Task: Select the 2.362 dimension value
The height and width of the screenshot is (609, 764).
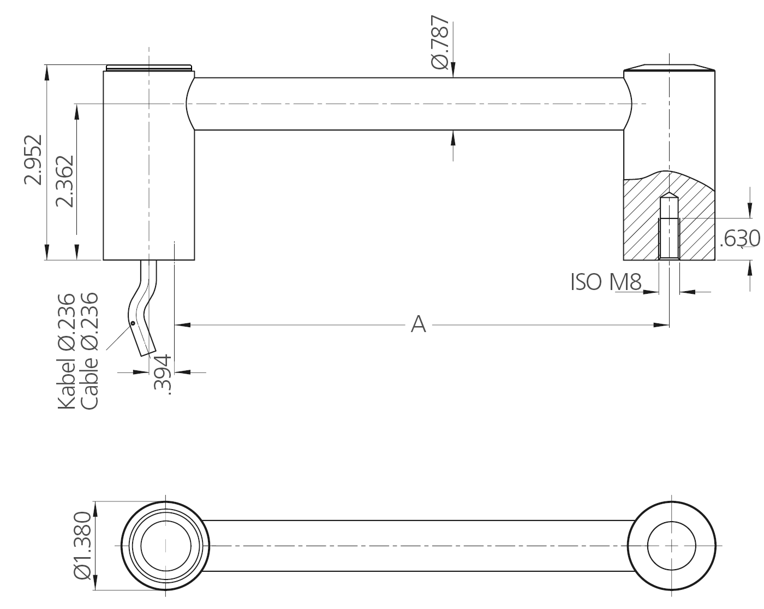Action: [64, 181]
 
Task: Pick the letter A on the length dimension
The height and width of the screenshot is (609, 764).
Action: [418, 324]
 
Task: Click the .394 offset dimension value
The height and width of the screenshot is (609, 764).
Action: [162, 374]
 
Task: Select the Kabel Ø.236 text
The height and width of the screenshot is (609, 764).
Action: [66, 351]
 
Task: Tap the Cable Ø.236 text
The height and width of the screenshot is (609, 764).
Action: [89, 351]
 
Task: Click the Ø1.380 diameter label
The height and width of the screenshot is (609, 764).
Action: [81, 545]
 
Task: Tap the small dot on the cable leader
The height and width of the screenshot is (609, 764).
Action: [133, 323]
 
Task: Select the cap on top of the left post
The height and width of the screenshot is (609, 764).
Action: [149, 68]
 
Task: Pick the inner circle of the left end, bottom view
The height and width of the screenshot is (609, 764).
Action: [166, 546]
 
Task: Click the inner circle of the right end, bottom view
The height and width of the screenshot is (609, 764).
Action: [671, 546]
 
